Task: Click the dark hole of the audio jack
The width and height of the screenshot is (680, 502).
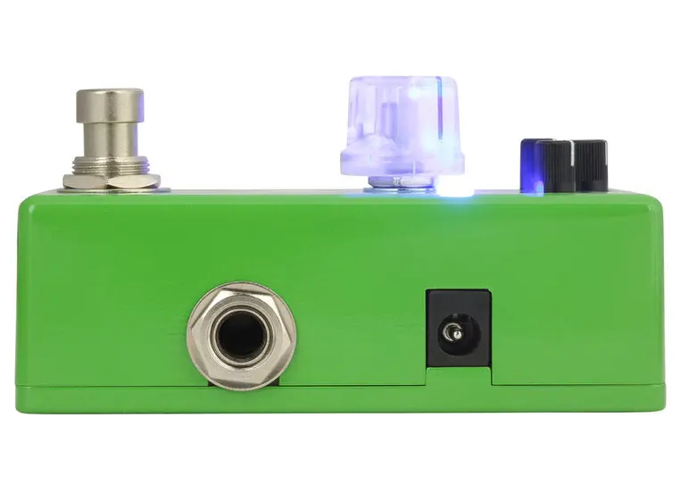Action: coord(240,336)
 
